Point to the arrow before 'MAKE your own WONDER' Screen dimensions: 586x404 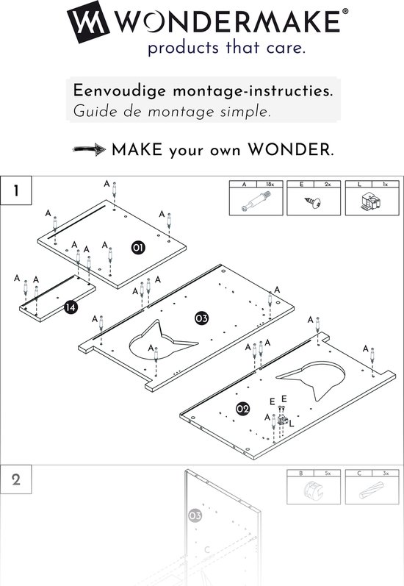tap(89, 151)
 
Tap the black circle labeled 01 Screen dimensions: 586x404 tap(137, 248)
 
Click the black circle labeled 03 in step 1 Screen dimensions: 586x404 tap(201, 318)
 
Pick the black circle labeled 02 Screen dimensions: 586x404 tap(242, 407)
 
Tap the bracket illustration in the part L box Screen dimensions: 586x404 tap(371, 201)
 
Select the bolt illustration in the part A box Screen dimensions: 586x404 tap(254, 201)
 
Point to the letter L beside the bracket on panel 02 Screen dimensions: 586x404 tap(292, 424)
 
